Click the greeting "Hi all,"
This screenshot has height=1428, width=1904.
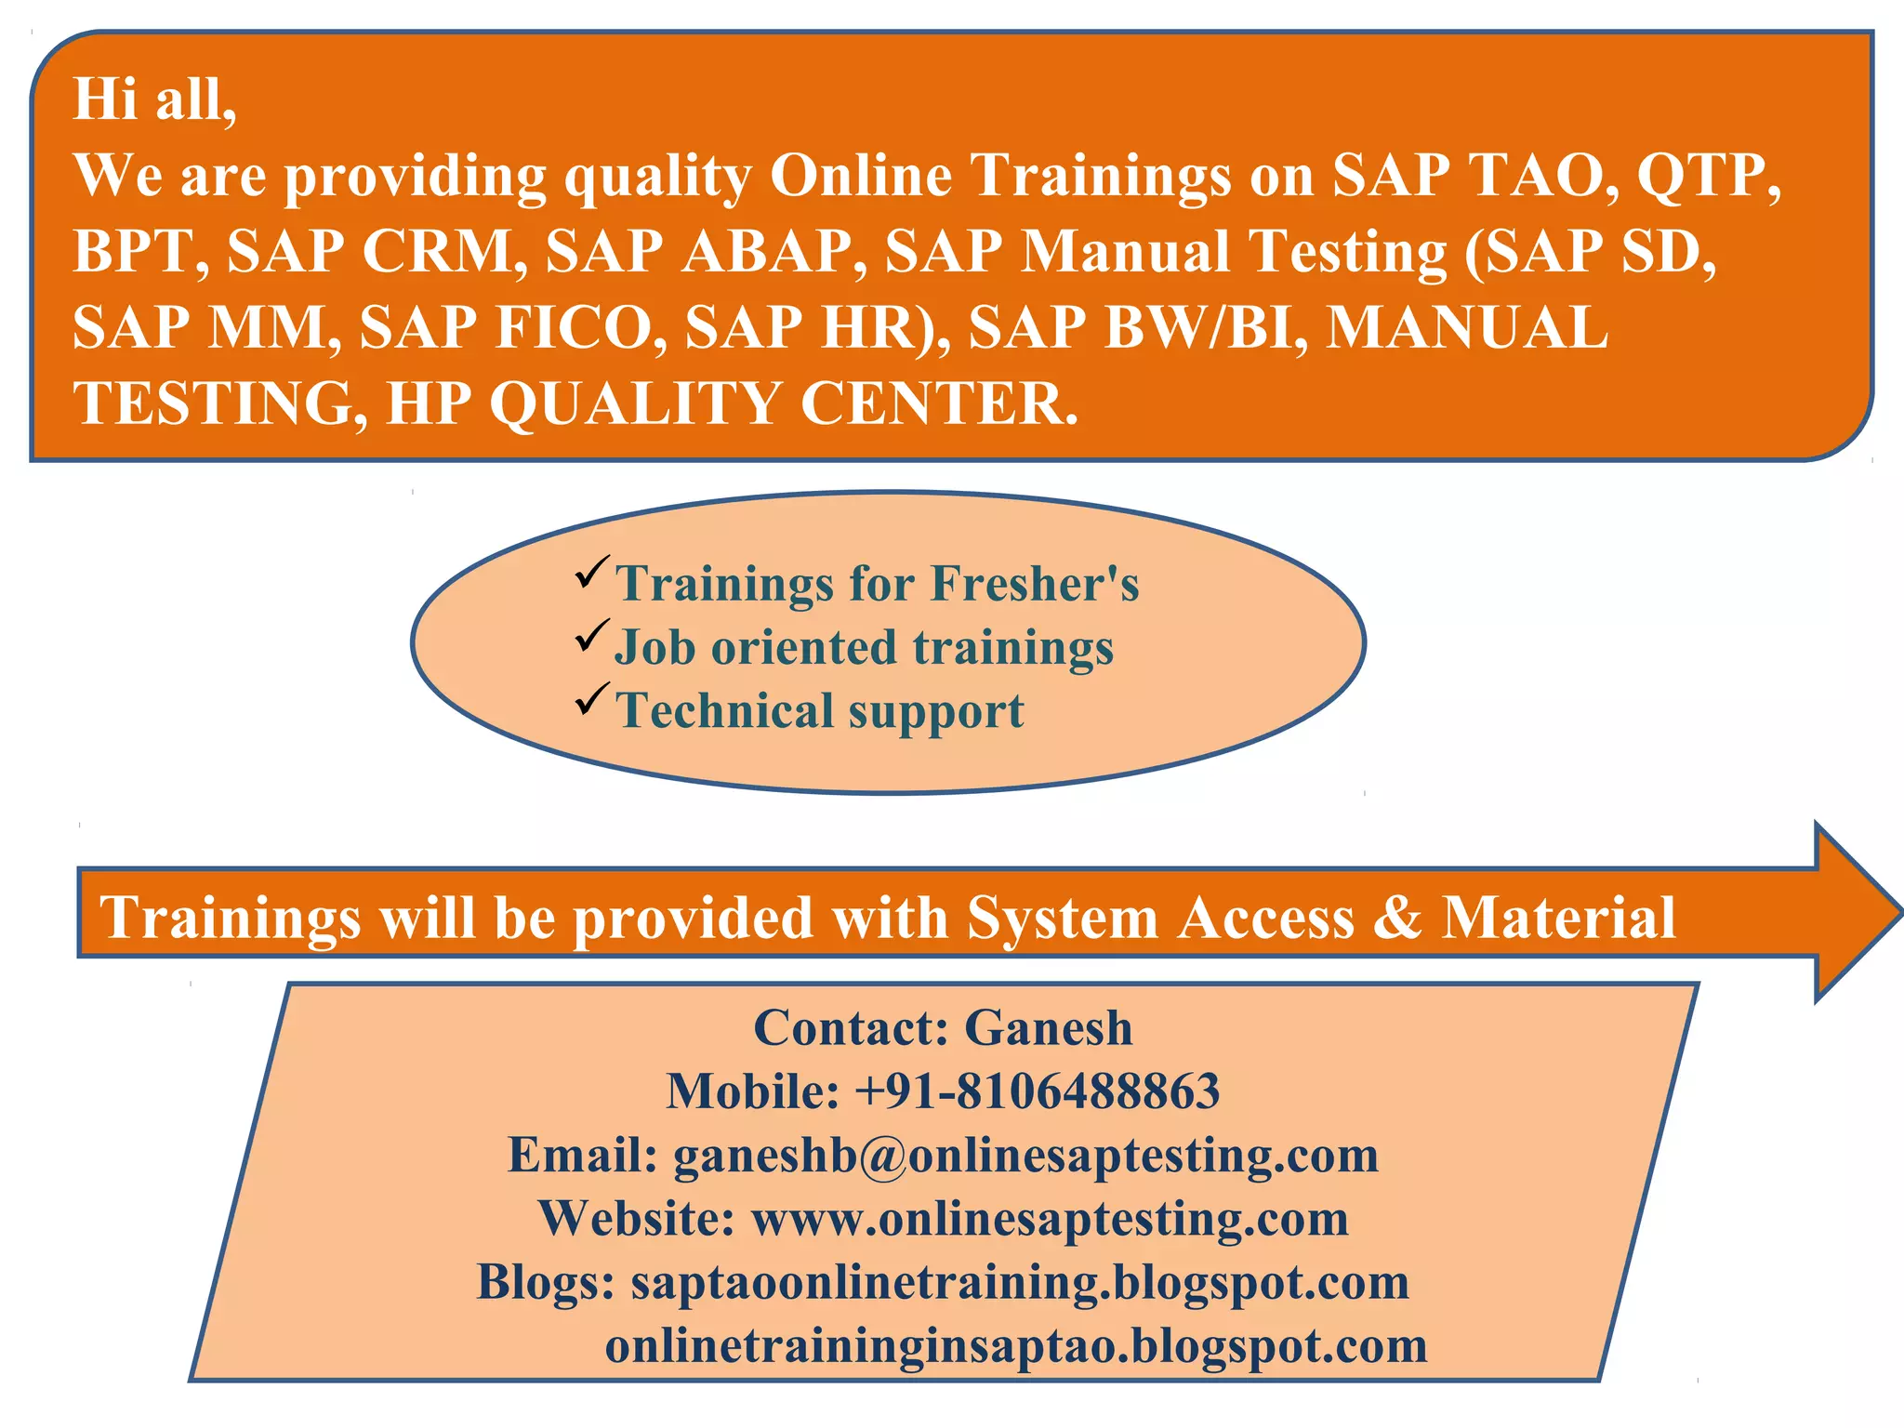(154, 99)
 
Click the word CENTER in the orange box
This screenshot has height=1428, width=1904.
(937, 403)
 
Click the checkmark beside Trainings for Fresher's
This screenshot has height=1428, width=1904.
(592, 571)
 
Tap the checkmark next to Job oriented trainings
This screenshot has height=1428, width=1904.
(592, 635)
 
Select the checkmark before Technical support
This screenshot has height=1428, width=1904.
(592, 698)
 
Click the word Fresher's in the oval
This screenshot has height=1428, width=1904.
(1034, 584)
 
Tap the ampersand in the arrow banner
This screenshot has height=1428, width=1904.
(1396, 917)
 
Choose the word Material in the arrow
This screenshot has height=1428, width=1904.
(1558, 917)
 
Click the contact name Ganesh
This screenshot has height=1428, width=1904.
(1048, 1028)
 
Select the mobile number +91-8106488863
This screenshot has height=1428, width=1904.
(1037, 1091)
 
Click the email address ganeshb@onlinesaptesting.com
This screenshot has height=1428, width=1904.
(1025, 1156)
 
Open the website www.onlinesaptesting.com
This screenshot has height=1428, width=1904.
(1050, 1219)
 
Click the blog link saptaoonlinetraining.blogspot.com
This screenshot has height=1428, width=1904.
(1020, 1282)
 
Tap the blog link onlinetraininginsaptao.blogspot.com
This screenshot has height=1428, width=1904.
(1016, 1345)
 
